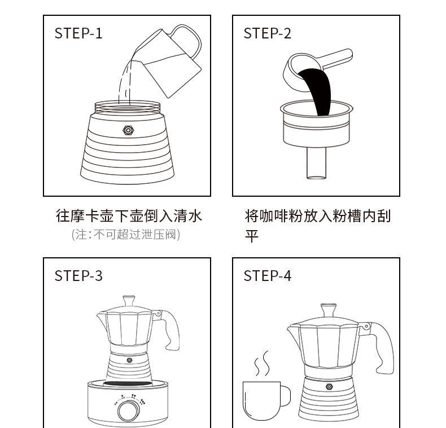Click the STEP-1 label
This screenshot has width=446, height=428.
coord(78,33)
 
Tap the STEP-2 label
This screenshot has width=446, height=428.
coord(268,33)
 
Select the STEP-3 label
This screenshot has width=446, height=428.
coord(78,275)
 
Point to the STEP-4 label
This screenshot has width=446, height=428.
coord(268,275)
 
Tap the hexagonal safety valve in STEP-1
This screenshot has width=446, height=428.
coord(128,131)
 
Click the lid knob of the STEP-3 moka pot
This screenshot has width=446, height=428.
coord(129,299)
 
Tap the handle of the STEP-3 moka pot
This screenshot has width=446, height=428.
coord(171,328)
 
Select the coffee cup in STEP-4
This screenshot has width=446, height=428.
coord(263,400)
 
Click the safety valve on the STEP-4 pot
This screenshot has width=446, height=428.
coord(329,387)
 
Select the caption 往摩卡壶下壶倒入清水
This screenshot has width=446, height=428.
coord(129,216)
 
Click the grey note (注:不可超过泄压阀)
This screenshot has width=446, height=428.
coord(126,234)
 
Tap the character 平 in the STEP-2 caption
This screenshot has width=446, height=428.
coord(251,235)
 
